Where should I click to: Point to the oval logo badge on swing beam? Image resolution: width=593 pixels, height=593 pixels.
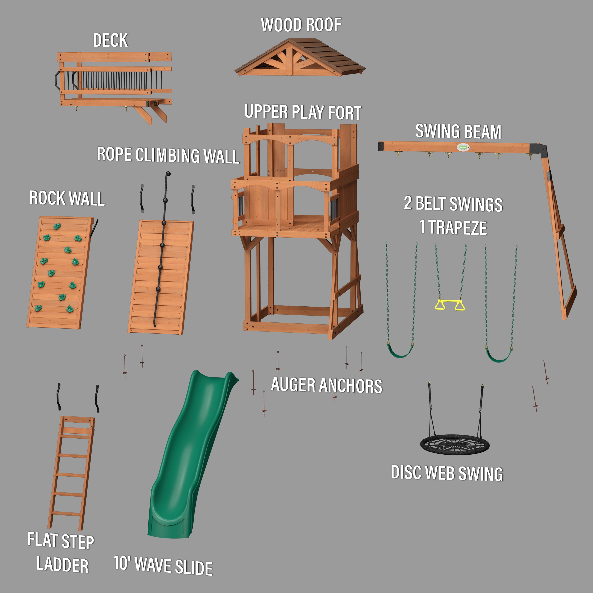tap(463, 147)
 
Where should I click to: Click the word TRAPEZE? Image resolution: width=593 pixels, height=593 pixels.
tap(457, 228)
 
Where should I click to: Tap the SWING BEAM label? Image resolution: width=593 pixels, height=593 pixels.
tap(458, 131)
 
